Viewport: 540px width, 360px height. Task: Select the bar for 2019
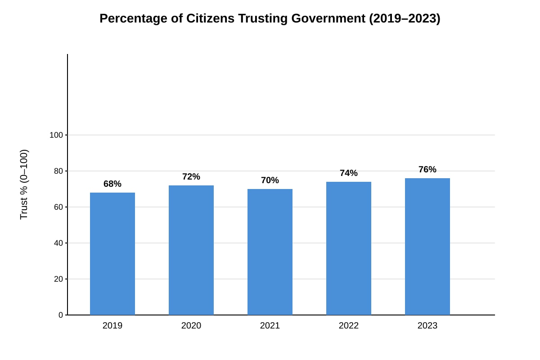(112, 254)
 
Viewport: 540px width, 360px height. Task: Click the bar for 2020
(191, 250)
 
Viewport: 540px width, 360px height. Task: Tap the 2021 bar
(270, 252)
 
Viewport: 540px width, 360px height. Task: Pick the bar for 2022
(349, 248)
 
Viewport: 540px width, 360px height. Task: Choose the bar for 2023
(427, 247)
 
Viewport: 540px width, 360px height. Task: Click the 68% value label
(112, 184)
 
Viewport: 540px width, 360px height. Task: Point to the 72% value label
(191, 177)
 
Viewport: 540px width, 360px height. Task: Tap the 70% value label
(270, 180)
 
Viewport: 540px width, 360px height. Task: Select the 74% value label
(349, 173)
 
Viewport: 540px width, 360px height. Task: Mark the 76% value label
(427, 170)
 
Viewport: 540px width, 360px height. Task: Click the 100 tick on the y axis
(56, 135)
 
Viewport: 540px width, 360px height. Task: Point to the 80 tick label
(58, 171)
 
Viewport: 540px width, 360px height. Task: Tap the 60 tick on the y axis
(58, 207)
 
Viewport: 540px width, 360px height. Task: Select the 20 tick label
(58, 279)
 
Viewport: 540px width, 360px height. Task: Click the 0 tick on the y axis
(61, 315)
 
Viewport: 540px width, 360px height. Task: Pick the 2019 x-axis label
(112, 326)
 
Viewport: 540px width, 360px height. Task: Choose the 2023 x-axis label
(427, 326)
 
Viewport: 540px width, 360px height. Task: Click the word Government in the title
(328, 18)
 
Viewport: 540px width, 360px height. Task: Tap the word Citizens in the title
(210, 18)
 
